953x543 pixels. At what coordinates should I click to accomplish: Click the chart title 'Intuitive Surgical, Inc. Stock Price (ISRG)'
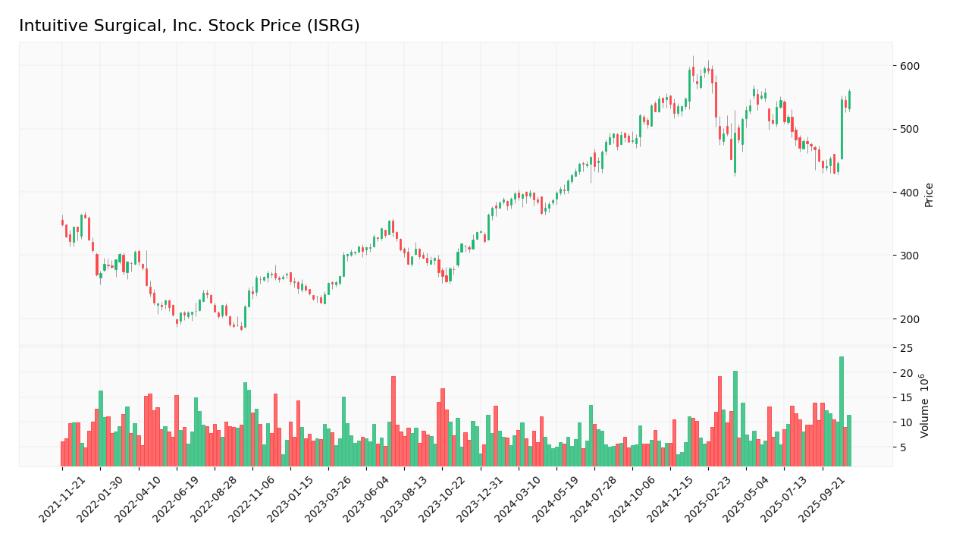pos(190,26)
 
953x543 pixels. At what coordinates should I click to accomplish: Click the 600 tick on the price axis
pos(909,66)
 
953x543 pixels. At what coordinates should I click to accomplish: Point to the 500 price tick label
pos(909,129)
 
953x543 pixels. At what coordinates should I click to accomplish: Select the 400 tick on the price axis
pos(909,193)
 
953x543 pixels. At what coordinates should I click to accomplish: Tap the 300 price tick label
pos(909,256)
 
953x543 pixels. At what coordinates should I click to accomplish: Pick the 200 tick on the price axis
pos(909,319)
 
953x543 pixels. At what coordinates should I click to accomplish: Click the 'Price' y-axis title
pos(929,195)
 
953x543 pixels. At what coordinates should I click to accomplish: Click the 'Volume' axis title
pos(925,406)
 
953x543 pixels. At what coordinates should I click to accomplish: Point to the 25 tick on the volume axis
pos(906,348)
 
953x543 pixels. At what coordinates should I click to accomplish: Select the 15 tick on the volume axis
pos(906,398)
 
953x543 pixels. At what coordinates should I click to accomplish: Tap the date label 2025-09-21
pos(824,501)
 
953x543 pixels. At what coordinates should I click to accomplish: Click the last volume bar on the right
pos(849,441)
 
